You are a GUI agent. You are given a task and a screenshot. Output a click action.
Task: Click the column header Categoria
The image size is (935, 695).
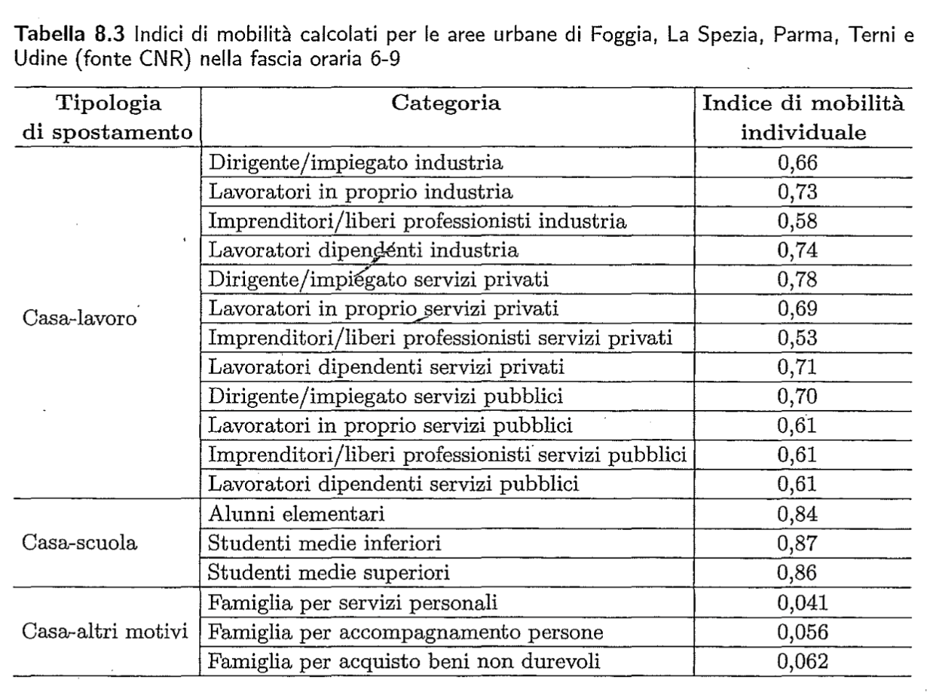pyautogui.click(x=446, y=103)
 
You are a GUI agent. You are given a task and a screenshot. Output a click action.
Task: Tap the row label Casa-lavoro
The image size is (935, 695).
pyautogui.click(x=81, y=318)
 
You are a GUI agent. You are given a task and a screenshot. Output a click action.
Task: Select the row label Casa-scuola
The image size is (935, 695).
pyautogui.click(x=80, y=543)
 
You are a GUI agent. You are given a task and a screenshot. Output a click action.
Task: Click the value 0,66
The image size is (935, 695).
pyautogui.click(x=798, y=162)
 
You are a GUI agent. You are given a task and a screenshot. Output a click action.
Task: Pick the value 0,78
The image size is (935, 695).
pyautogui.click(x=798, y=279)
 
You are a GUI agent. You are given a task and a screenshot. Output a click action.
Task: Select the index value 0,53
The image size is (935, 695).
pyautogui.click(x=798, y=338)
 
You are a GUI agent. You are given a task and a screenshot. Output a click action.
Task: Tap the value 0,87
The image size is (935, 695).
pyautogui.click(x=798, y=543)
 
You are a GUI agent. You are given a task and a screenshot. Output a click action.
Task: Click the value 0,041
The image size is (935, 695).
pyautogui.click(x=803, y=602)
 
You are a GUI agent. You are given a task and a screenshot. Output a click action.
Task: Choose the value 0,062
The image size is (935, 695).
pyautogui.click(x=803, y=661)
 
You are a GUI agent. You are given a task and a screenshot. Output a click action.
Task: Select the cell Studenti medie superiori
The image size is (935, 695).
pyautogui.click(x=329, y=573)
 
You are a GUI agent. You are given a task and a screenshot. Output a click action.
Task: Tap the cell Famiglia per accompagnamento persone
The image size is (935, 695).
pyautogui.click(x=405, y=632)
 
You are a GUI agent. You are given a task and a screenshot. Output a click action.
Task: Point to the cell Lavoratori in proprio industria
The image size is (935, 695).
pyautogui.click(x=361, y=191)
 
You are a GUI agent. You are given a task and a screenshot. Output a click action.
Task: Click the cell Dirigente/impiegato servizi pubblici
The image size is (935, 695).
pyautogui.click(x=385, y=396)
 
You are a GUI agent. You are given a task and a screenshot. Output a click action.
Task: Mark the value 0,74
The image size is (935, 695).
pyautogui.click(x=798, y=250)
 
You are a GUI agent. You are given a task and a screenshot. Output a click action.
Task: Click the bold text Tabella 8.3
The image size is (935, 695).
pyautogui.click(x=71, y=34)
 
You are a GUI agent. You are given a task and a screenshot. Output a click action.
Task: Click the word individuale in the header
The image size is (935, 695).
pyautogui.click(x=803, y=133)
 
